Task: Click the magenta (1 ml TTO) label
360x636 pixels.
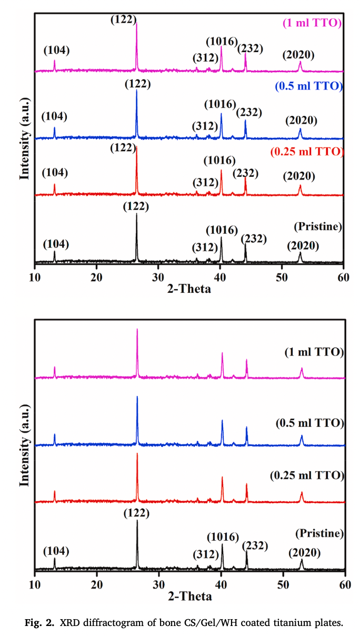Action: (x=312, y=23)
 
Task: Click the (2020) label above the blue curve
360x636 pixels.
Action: (x=301, y=120)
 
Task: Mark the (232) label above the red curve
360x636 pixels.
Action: (x=246, y=173)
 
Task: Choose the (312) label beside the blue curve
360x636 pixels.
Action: (x=205, y=126)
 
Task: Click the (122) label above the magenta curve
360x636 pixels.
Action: (x=124, y=20)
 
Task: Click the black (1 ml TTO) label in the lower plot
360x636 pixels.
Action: (x=313, y=352)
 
